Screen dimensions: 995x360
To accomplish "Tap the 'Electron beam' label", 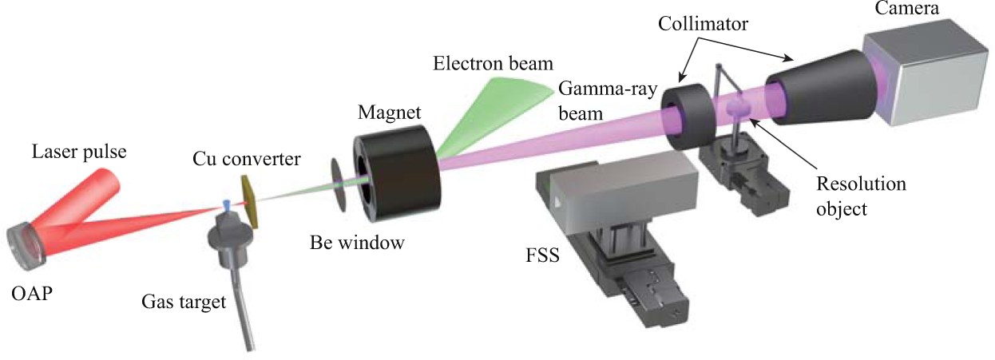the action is click(493, 62).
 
